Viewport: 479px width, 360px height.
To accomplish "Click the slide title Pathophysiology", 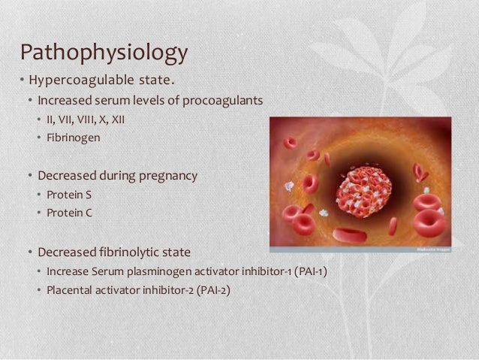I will pos(104,53).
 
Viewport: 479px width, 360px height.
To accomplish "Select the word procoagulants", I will pos(225,101).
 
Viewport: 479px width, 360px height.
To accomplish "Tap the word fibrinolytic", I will pos(128,250).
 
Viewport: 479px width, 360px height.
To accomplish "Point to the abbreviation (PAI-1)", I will pos(309,270).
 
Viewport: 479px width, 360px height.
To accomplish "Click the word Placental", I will pos(69,288).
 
